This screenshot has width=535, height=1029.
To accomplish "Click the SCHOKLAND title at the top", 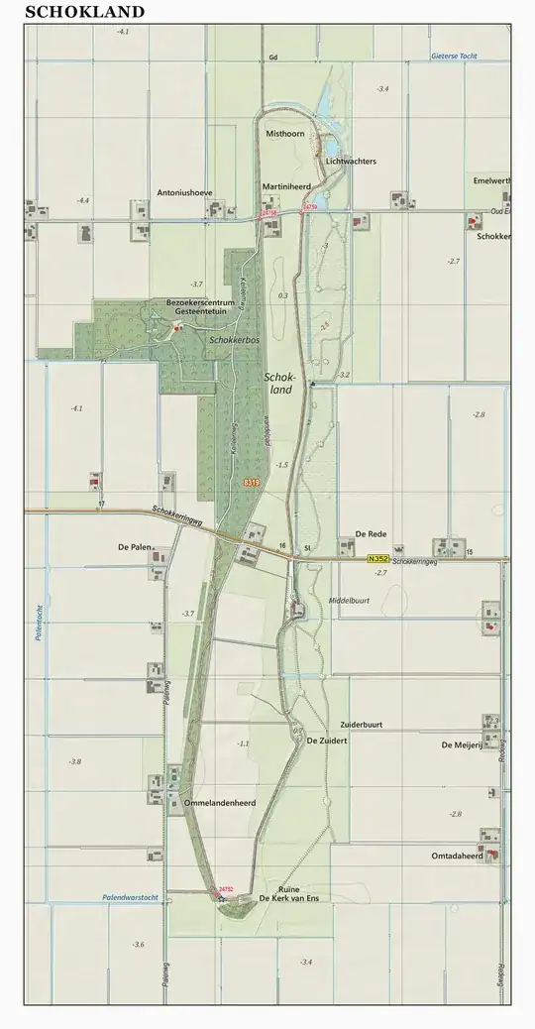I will pos(84,12).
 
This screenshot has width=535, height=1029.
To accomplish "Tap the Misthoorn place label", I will pos(283,132).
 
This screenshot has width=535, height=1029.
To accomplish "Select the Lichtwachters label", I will pos(351,161).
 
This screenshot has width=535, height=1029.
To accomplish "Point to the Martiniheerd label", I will pos(287,185).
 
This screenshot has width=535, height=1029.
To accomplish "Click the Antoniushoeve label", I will pos(185,193).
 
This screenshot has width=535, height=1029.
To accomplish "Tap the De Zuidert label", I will pos(326,741).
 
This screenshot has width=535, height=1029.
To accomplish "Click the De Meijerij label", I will pos(461,743).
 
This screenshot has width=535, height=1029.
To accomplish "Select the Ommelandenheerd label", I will pos(227,803).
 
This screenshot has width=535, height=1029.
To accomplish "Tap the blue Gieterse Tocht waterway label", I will pos(454,57).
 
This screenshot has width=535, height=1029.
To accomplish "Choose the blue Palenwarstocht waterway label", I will pos(130,897).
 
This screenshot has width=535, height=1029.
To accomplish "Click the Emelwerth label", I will pos(492,181).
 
